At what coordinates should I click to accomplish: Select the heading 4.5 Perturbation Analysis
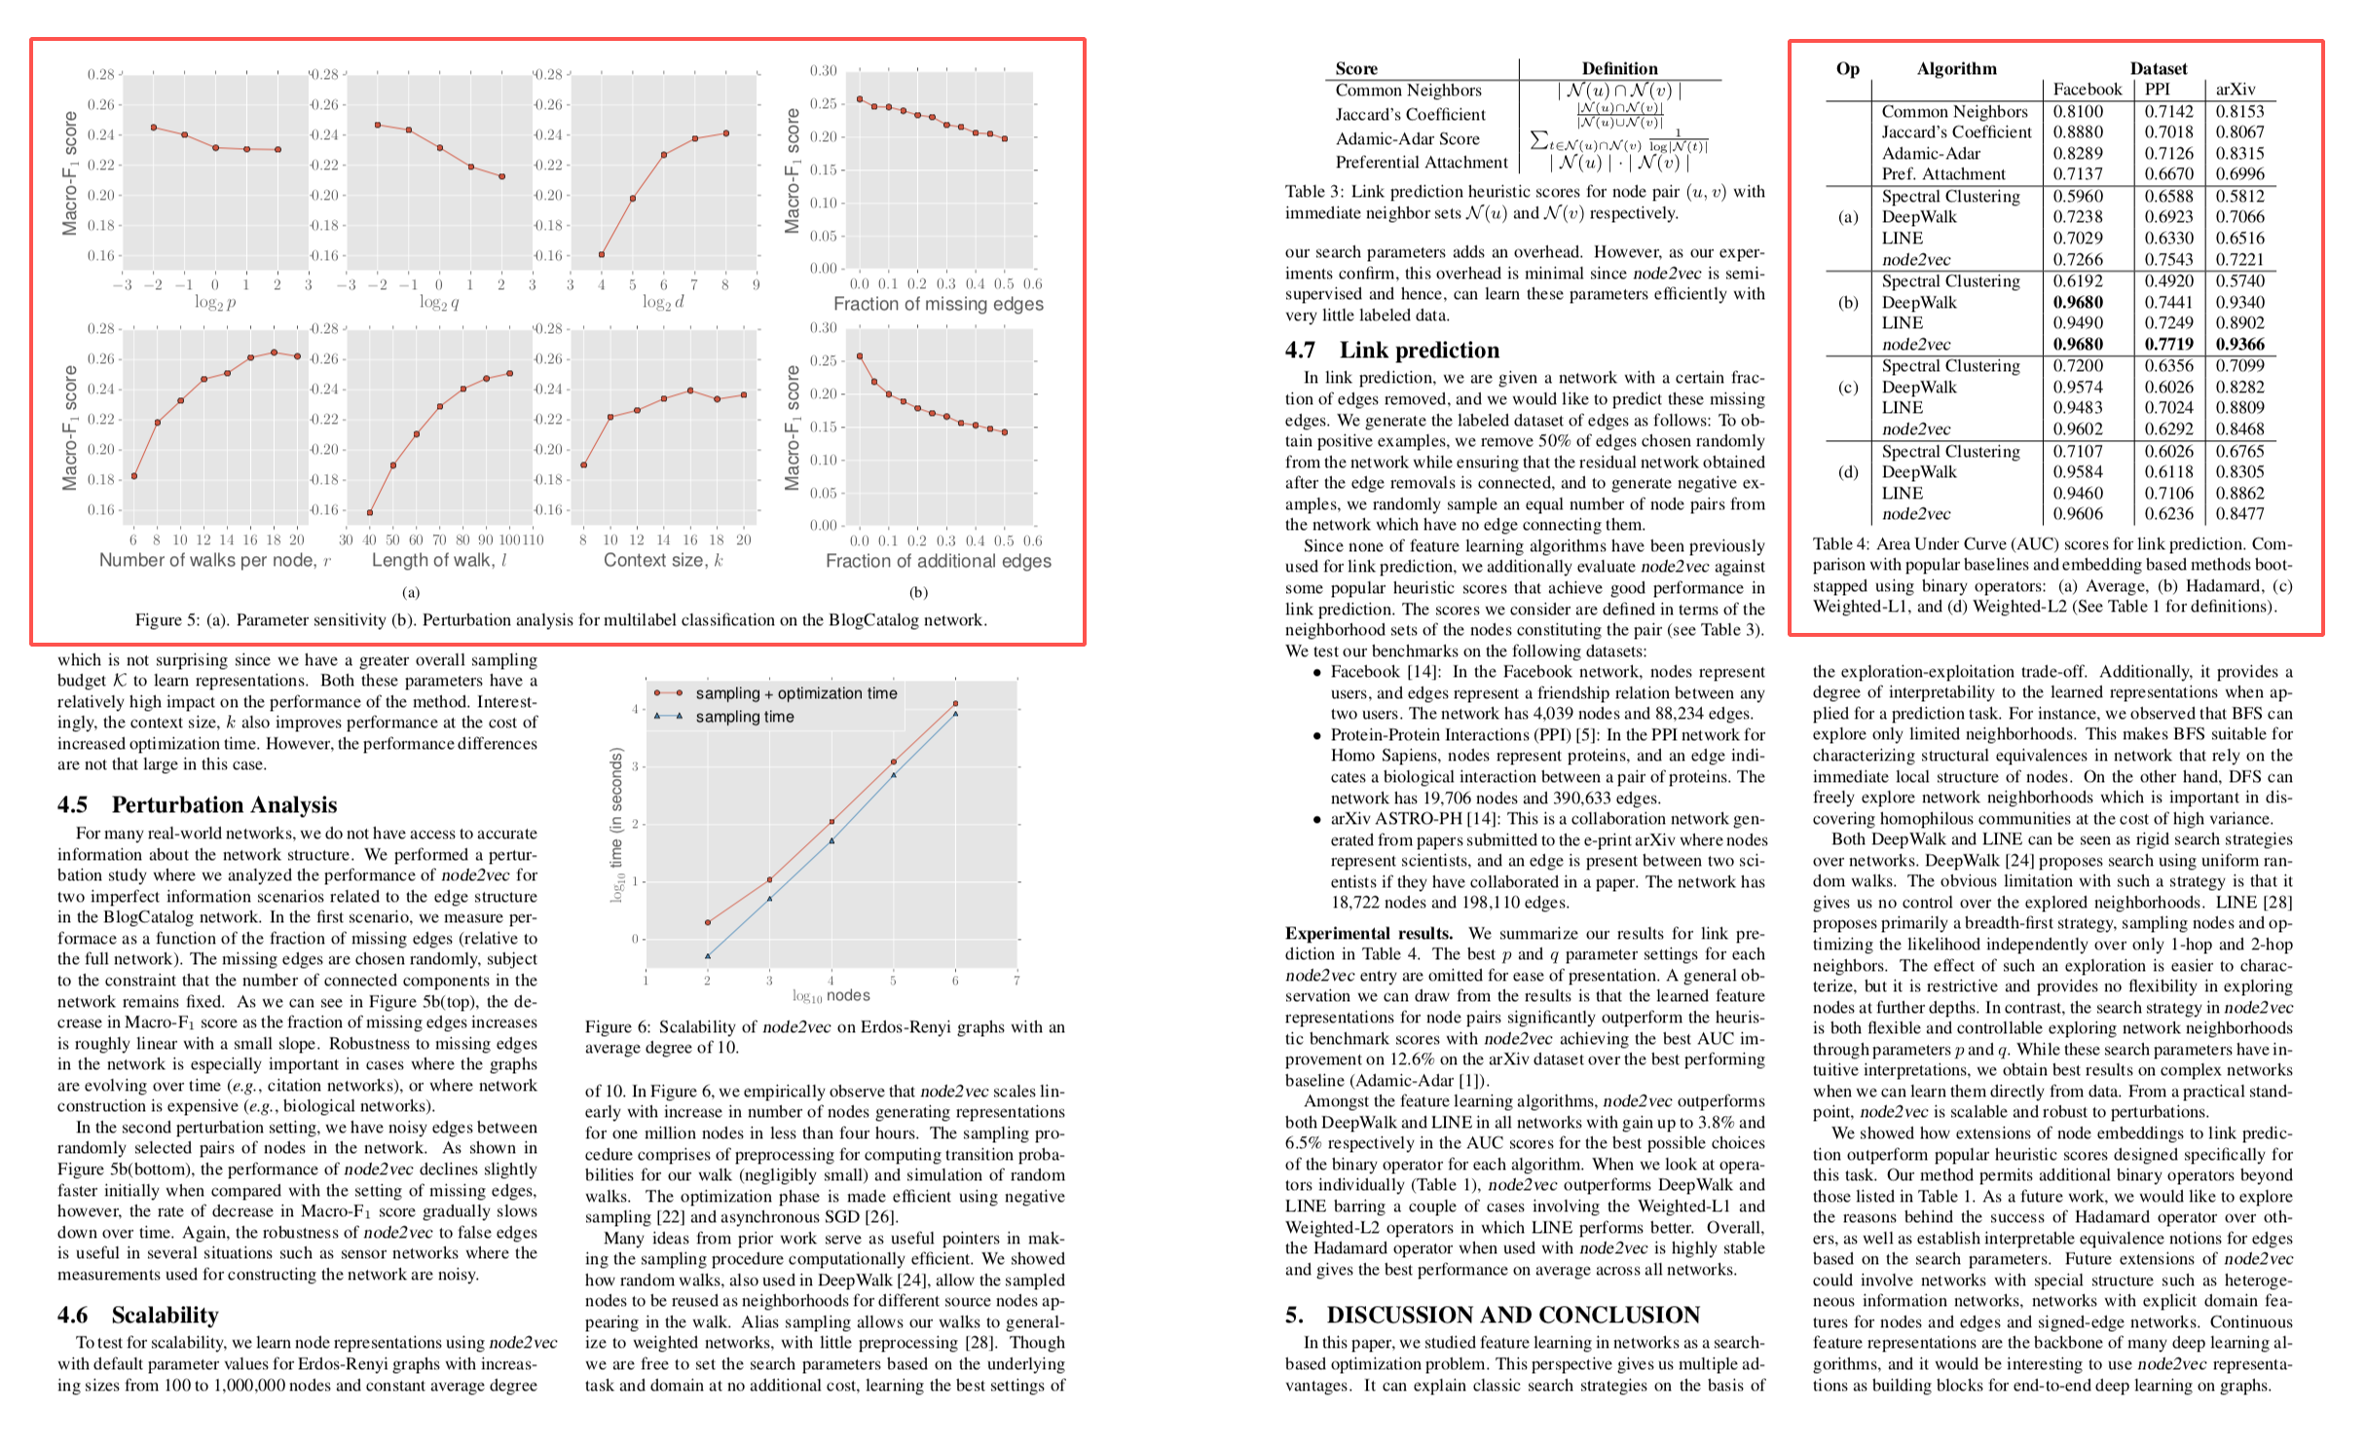pos(197,804)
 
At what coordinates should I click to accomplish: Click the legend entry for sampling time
pos(744,717)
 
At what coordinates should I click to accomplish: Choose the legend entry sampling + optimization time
pos(795,693)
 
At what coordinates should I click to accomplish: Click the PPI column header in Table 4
pos(2158,90)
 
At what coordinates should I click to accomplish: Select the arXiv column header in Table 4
pos(2235,90)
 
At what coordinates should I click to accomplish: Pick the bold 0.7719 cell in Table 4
pos(2168,345)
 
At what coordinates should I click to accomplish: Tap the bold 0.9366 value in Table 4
pos(2239,345)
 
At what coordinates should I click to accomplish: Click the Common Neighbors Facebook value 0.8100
pos(2078,112)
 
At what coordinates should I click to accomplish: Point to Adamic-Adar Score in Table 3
pos(1407,139)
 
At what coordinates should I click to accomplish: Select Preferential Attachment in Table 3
pos(1421,163)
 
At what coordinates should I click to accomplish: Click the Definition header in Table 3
pos(1619,68)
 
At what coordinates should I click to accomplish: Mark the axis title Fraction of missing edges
pos(938,304)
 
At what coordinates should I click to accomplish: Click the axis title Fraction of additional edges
pos(938,561)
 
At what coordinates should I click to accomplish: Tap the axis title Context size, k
pos(663,560)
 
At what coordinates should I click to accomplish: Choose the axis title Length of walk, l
pos(439,560)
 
